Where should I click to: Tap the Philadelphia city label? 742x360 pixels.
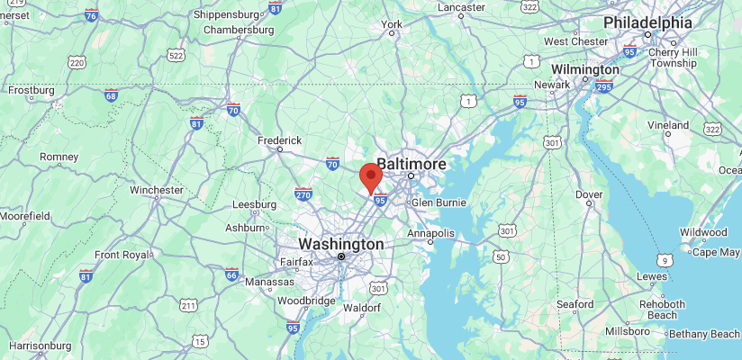(x=647, y=22)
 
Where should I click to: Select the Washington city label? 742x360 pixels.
(x=341, y=244)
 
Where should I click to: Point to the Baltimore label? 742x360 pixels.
(x=412, y=164)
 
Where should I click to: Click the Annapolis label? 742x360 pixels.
(x=430, y=234)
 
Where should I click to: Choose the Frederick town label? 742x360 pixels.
(x=279, y=140)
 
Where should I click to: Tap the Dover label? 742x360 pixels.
(x=589, y=193)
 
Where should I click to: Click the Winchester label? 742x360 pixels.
(x=157, y=190)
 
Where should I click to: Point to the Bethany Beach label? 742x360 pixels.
(x=705, y=334)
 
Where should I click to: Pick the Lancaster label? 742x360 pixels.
(x=461, y=7)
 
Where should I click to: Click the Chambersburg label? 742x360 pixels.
(x=239, y=29)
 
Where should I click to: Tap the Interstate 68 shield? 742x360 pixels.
(x=111, y=95)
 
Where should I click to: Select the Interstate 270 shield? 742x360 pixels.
(x=303, y=193)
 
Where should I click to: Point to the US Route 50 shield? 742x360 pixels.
(x=499, y=257)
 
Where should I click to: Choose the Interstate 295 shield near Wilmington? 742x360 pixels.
(x=603, y=86)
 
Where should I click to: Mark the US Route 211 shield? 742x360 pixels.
(x=187, y=306)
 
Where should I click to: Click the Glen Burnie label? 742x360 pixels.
(x=439, y=202)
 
